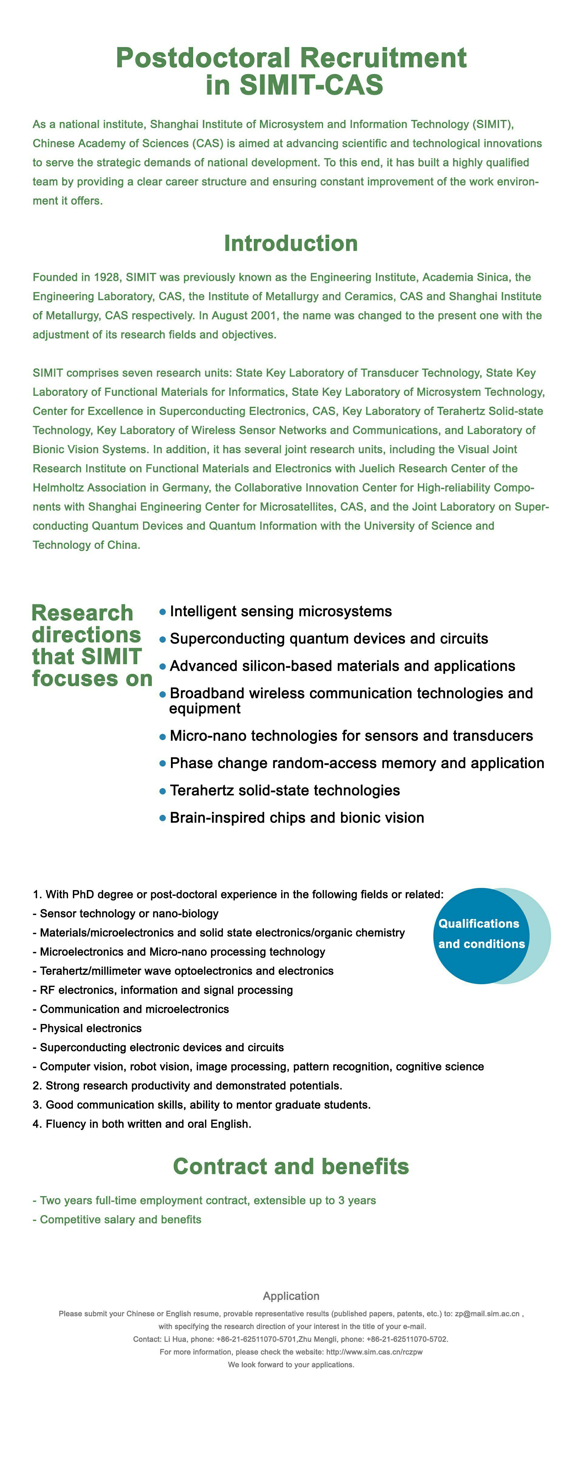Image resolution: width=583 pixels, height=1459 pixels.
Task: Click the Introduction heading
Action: [x=291, y=243]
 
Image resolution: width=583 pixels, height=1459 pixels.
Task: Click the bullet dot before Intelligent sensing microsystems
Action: [x=163, y=612]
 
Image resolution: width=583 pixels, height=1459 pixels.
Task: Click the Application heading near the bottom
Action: [x=291, y=1296]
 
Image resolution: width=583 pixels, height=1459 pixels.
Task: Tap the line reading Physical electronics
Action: [x=91, y=1028]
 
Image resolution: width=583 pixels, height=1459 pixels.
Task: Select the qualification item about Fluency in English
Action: [x=141, y=1124]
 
